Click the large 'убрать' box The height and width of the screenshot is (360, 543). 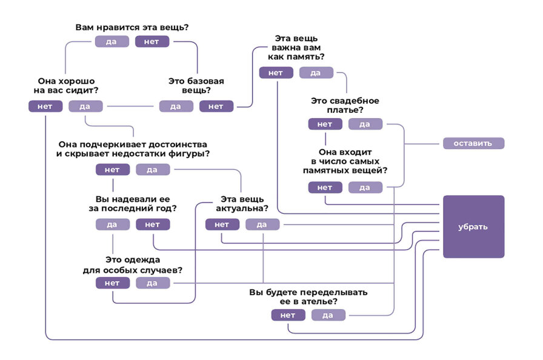473,227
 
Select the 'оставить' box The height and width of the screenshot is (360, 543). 473,144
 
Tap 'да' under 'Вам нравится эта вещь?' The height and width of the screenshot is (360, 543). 112,41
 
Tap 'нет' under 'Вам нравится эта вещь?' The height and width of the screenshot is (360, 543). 152,41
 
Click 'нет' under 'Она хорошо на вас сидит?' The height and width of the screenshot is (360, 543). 45,106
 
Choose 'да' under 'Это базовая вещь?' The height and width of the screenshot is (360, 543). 176,106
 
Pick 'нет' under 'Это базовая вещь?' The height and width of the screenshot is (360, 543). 216,106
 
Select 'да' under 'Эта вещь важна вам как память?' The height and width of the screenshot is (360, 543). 316,73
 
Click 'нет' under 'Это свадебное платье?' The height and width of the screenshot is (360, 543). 325,124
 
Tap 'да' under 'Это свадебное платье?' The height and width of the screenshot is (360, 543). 365,124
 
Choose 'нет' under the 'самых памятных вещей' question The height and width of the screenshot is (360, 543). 325,187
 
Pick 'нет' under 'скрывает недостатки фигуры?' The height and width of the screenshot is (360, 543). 112,170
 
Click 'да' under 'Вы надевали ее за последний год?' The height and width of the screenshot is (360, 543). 112,224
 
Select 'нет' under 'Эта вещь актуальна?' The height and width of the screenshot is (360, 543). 222,224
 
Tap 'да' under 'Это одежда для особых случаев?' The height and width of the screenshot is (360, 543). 152,283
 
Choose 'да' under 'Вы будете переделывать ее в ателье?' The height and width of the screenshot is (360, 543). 328,315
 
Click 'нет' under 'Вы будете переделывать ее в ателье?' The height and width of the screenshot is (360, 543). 288,315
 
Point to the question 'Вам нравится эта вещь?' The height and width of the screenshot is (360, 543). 132,27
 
